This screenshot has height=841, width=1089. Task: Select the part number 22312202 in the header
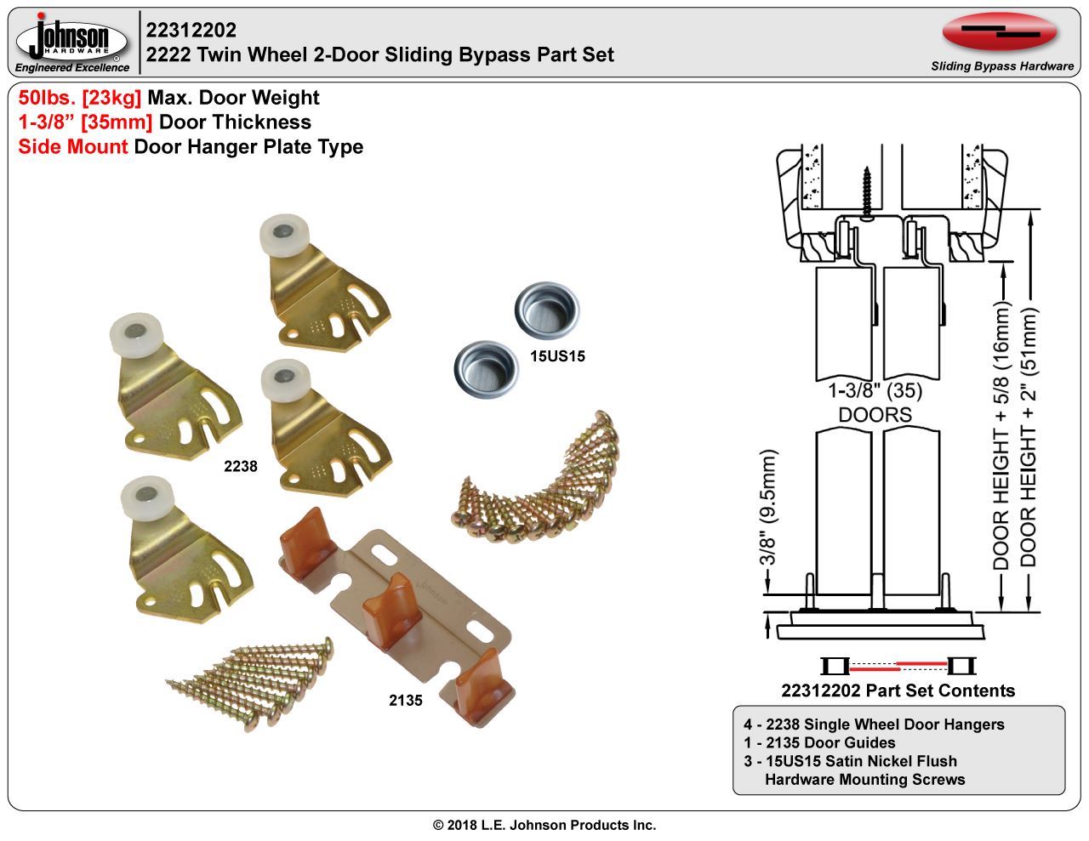coord(191,30)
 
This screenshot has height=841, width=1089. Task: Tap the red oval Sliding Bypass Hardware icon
coord(1000,32)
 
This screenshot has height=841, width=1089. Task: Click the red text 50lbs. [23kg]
coord(80,97)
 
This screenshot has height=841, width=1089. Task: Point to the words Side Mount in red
coord(73,147)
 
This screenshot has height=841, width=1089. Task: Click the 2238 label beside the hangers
coord(241,466)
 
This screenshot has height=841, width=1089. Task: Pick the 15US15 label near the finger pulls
coord(558,356)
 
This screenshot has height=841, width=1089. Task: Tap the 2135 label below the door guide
coord(406,700)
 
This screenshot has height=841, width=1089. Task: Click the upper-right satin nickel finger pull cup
coord(547,309)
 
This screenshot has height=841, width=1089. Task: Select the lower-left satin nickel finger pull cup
coord(486,369)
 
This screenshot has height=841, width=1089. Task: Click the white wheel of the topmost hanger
coord(284,235)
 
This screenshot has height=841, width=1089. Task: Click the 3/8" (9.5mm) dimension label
coord(767,507)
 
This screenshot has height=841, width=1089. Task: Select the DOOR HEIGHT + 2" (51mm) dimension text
coord(1028,437)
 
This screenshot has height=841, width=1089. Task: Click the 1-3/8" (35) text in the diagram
coord(875,390)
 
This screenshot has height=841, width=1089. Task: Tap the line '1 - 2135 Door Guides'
coord(819,742)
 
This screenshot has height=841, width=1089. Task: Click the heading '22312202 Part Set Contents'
coord(898,690)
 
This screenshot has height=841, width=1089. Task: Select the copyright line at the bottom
coord(544,825)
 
